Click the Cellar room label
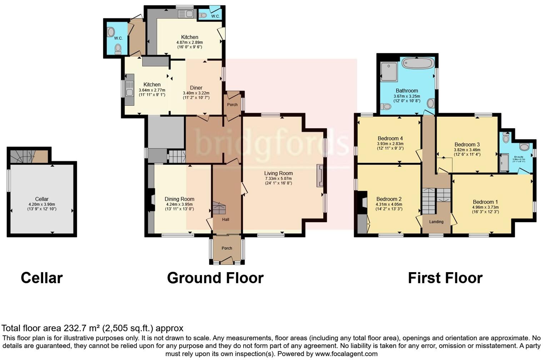42,199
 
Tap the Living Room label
279,173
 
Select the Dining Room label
179,199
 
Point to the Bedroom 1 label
485,202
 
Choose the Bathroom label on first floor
407,91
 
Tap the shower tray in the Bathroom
389,70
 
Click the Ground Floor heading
215,278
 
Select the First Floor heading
445,278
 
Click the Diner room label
196,87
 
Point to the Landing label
436,222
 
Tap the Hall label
225,220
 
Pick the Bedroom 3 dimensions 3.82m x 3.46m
467,150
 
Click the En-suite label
518,157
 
